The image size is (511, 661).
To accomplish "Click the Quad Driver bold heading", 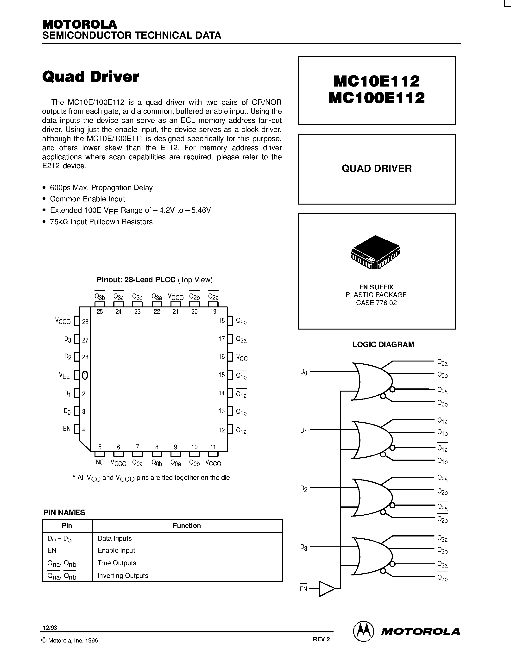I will (x=90, y=77).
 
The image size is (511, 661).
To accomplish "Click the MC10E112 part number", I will (x=377, y=81).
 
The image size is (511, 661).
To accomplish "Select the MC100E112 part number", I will (x=377, y=98).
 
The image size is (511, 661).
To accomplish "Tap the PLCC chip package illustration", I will (x=375, y=252).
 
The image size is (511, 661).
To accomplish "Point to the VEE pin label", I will (x=64, y=376).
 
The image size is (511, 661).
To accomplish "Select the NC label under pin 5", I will (x=100, y=462).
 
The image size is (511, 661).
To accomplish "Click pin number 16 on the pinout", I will (x=222, y=356).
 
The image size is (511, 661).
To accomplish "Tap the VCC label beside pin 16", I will (x=242, y=358).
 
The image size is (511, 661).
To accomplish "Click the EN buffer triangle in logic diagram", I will (x=326, y=589).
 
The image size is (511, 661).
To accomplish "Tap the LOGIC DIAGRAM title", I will (x=383, y=344).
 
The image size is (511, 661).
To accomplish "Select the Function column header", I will (x=187, y=525).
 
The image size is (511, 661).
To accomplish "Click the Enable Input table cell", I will (x=116, y=550).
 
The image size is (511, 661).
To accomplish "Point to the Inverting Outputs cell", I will (x=123, y=575).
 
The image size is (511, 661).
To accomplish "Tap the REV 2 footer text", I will (x=321, y=639).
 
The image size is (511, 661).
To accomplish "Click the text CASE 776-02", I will (x=376, y=303).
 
